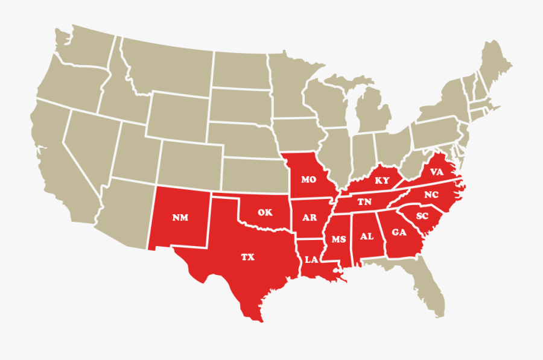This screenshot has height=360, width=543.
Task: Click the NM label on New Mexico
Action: click(x=180, y=218)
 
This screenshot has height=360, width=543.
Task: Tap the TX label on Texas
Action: click(x=248, y=257)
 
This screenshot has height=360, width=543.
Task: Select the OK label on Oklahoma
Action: click(x=265, y=212)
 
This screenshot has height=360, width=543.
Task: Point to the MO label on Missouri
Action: click(x=309, y=180)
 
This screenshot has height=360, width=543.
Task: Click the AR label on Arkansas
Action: click(x=309, y=217)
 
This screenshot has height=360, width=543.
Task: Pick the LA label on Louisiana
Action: click(x=311, y=260)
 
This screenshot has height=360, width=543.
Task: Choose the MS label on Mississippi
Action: click(x=338, y=239)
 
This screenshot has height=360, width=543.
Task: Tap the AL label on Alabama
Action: click(x=367, y=236)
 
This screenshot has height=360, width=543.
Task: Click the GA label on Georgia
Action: click(x=399, y=232)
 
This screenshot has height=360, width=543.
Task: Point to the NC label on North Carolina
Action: click(x=431, y=195)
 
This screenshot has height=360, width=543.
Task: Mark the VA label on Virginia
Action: click(x=437, y=172)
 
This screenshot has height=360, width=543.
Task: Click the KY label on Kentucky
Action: click(x=382, y=180)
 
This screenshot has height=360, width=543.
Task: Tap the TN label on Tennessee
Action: click(x=364, y=202)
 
